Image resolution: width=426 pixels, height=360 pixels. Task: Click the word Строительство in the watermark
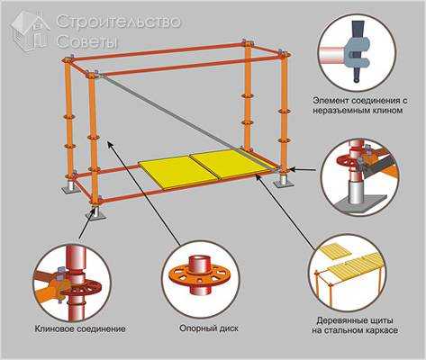119,22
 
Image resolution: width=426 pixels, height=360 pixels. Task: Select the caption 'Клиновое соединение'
80,328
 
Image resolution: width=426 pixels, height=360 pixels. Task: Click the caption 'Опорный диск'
209,328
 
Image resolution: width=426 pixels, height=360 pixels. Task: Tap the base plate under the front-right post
283,181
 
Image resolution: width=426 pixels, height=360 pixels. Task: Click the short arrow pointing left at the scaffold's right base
304,170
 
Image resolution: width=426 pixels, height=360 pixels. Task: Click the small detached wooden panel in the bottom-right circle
336,250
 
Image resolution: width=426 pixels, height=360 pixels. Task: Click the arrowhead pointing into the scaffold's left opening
111,145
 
